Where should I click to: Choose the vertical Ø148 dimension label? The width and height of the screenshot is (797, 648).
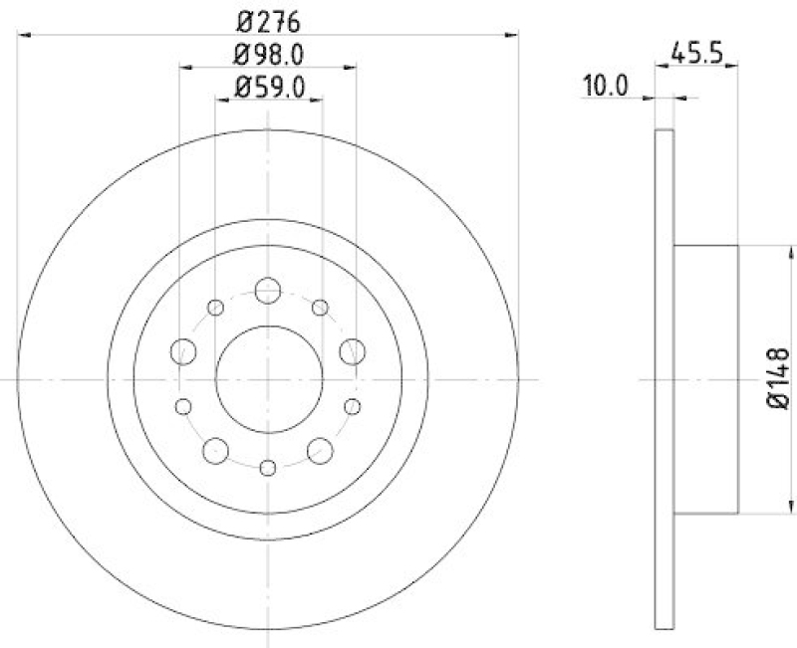[x=780, y=378]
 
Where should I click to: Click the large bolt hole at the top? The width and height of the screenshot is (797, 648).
[x=267, y=291]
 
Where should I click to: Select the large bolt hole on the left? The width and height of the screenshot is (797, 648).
[x=183, y=350]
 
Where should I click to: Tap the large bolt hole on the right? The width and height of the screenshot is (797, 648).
[x=352, y=350]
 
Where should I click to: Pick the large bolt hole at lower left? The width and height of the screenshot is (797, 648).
[x=214, y=451]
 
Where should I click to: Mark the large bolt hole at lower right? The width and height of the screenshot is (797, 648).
[x=320, y=451]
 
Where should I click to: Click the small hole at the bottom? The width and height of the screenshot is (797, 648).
[x=267, y=469]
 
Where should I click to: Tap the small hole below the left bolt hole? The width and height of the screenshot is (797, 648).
[x=182, y=406]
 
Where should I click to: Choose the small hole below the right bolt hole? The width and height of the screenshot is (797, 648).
[x=353, y=406]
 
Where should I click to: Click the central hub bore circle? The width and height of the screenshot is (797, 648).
[x=268, y=379]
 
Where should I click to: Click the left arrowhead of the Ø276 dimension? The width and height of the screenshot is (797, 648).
[x=26, y=36]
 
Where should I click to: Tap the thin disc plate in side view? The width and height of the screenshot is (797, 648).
[x=664, y=379]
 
